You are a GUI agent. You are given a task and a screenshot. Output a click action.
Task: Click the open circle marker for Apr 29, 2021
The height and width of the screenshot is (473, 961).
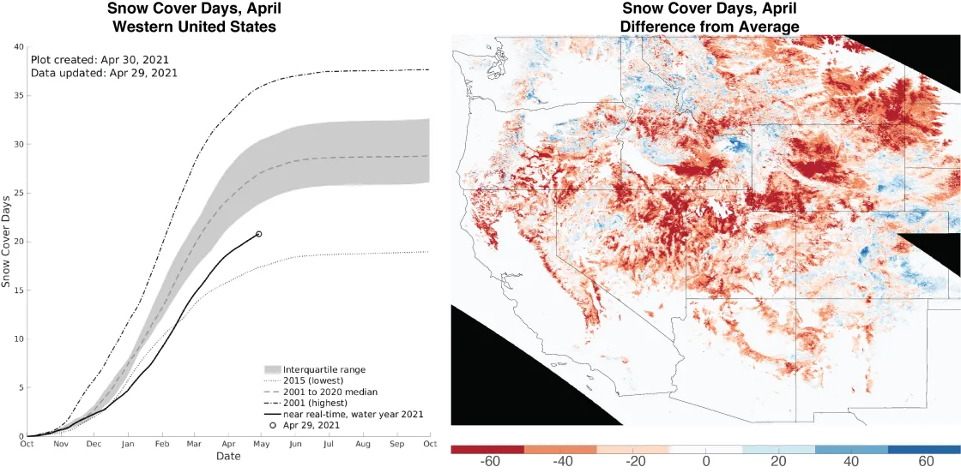[259, 234]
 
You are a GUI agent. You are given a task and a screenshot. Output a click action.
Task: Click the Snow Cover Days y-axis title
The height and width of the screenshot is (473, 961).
[6, 241]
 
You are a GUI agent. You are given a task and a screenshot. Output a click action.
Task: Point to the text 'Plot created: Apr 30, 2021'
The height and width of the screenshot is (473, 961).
[100, 60]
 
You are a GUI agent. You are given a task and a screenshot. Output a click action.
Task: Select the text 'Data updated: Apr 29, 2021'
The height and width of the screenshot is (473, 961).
[104, 73]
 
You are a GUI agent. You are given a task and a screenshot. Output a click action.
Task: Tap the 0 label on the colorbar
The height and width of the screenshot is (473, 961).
[705, 462]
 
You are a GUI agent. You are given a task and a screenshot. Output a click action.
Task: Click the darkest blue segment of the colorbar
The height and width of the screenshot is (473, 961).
[923, 449]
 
